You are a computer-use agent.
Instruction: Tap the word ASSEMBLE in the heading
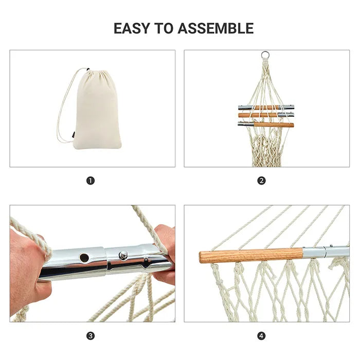tap(215, 28)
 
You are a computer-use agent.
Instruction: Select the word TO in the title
tap(167, 28)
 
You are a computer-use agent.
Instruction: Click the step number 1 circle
tap(91, 181)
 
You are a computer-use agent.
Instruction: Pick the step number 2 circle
tap(262, 181)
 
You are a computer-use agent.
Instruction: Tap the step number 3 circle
tap(91, 336)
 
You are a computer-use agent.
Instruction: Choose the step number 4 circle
tap(262, 336)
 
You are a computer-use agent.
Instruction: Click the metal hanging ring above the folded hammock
tap(265, 55)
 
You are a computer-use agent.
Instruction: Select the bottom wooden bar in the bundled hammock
tap(273, 124)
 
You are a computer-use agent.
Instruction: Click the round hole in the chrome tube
tap(84, 256)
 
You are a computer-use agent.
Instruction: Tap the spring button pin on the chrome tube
tap(123, 255)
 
